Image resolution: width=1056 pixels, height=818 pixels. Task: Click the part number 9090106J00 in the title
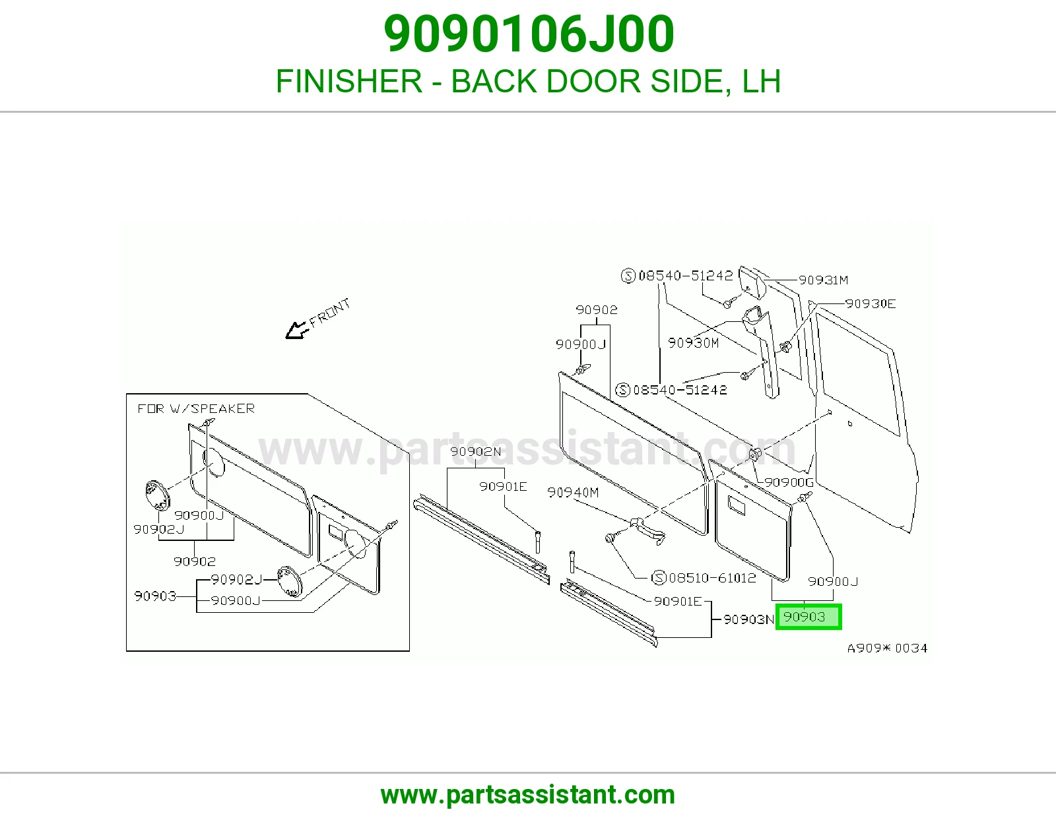click(529, 34)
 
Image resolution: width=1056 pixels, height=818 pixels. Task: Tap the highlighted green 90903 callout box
click(808, 617)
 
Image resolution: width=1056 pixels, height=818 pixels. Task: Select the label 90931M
click(823, 280)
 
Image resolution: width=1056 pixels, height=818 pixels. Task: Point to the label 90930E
click(871, 303)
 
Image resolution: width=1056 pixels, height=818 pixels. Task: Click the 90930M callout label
click(693, 343)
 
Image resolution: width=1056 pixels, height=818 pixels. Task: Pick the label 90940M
click(573, 493)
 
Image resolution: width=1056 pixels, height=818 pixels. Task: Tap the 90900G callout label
click(789, 482)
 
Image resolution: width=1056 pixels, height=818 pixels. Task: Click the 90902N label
click(475, 452)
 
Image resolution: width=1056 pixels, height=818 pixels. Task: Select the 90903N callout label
click(749, 619)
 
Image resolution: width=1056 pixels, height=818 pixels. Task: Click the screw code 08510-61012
click(712, 578)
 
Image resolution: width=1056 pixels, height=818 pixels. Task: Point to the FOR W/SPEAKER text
click(196, 408)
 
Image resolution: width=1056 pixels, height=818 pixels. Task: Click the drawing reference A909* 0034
click(888, 648)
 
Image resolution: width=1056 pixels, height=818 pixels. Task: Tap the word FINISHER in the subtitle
click(349, 81)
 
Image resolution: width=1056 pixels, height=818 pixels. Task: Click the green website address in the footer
click(528, 795)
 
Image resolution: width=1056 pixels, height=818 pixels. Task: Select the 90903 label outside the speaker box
click(805, 617)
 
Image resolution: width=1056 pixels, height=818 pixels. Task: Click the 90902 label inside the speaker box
click(195, 561)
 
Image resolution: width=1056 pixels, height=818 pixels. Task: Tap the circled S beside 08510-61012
click(659, 578)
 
